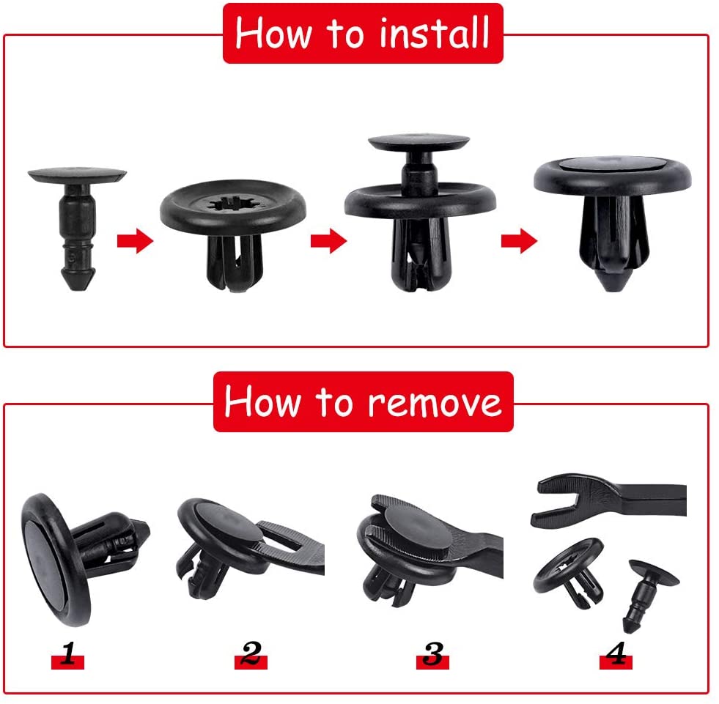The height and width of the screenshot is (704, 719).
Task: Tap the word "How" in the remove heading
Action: click(x=262, y=401)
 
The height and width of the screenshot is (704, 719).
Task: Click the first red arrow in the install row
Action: click(x=135, y=240)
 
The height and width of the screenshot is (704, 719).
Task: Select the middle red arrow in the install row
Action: click(x=328, y=240)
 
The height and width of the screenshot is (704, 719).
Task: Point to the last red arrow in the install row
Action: click(x=519, y=240)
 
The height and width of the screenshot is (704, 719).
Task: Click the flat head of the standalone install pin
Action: click(x=77, y=175)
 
